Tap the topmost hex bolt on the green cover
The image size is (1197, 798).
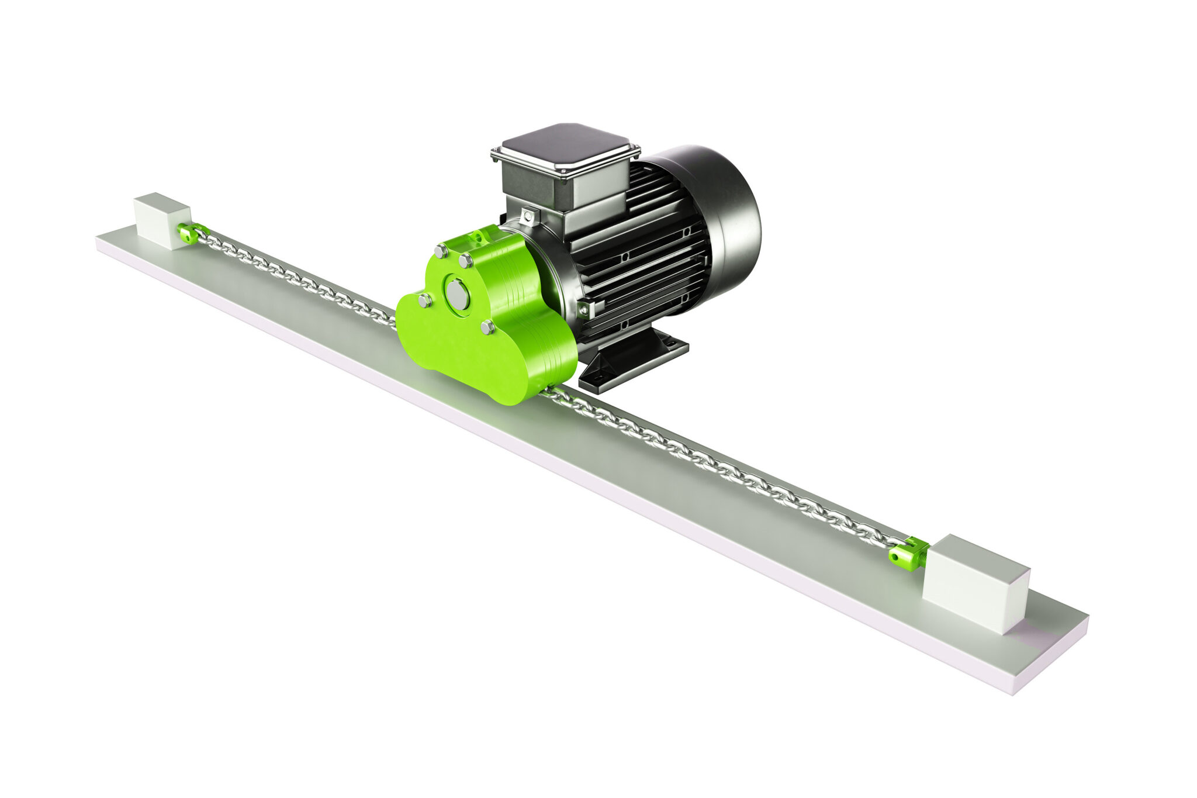click(441, 252)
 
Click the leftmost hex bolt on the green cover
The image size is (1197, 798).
click(425, 301)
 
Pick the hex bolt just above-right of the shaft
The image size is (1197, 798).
click(466, 261)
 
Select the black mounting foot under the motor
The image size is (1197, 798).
click(631, 360)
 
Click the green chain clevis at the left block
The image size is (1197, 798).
click(189, 234)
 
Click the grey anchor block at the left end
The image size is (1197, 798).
click(162, 220)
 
